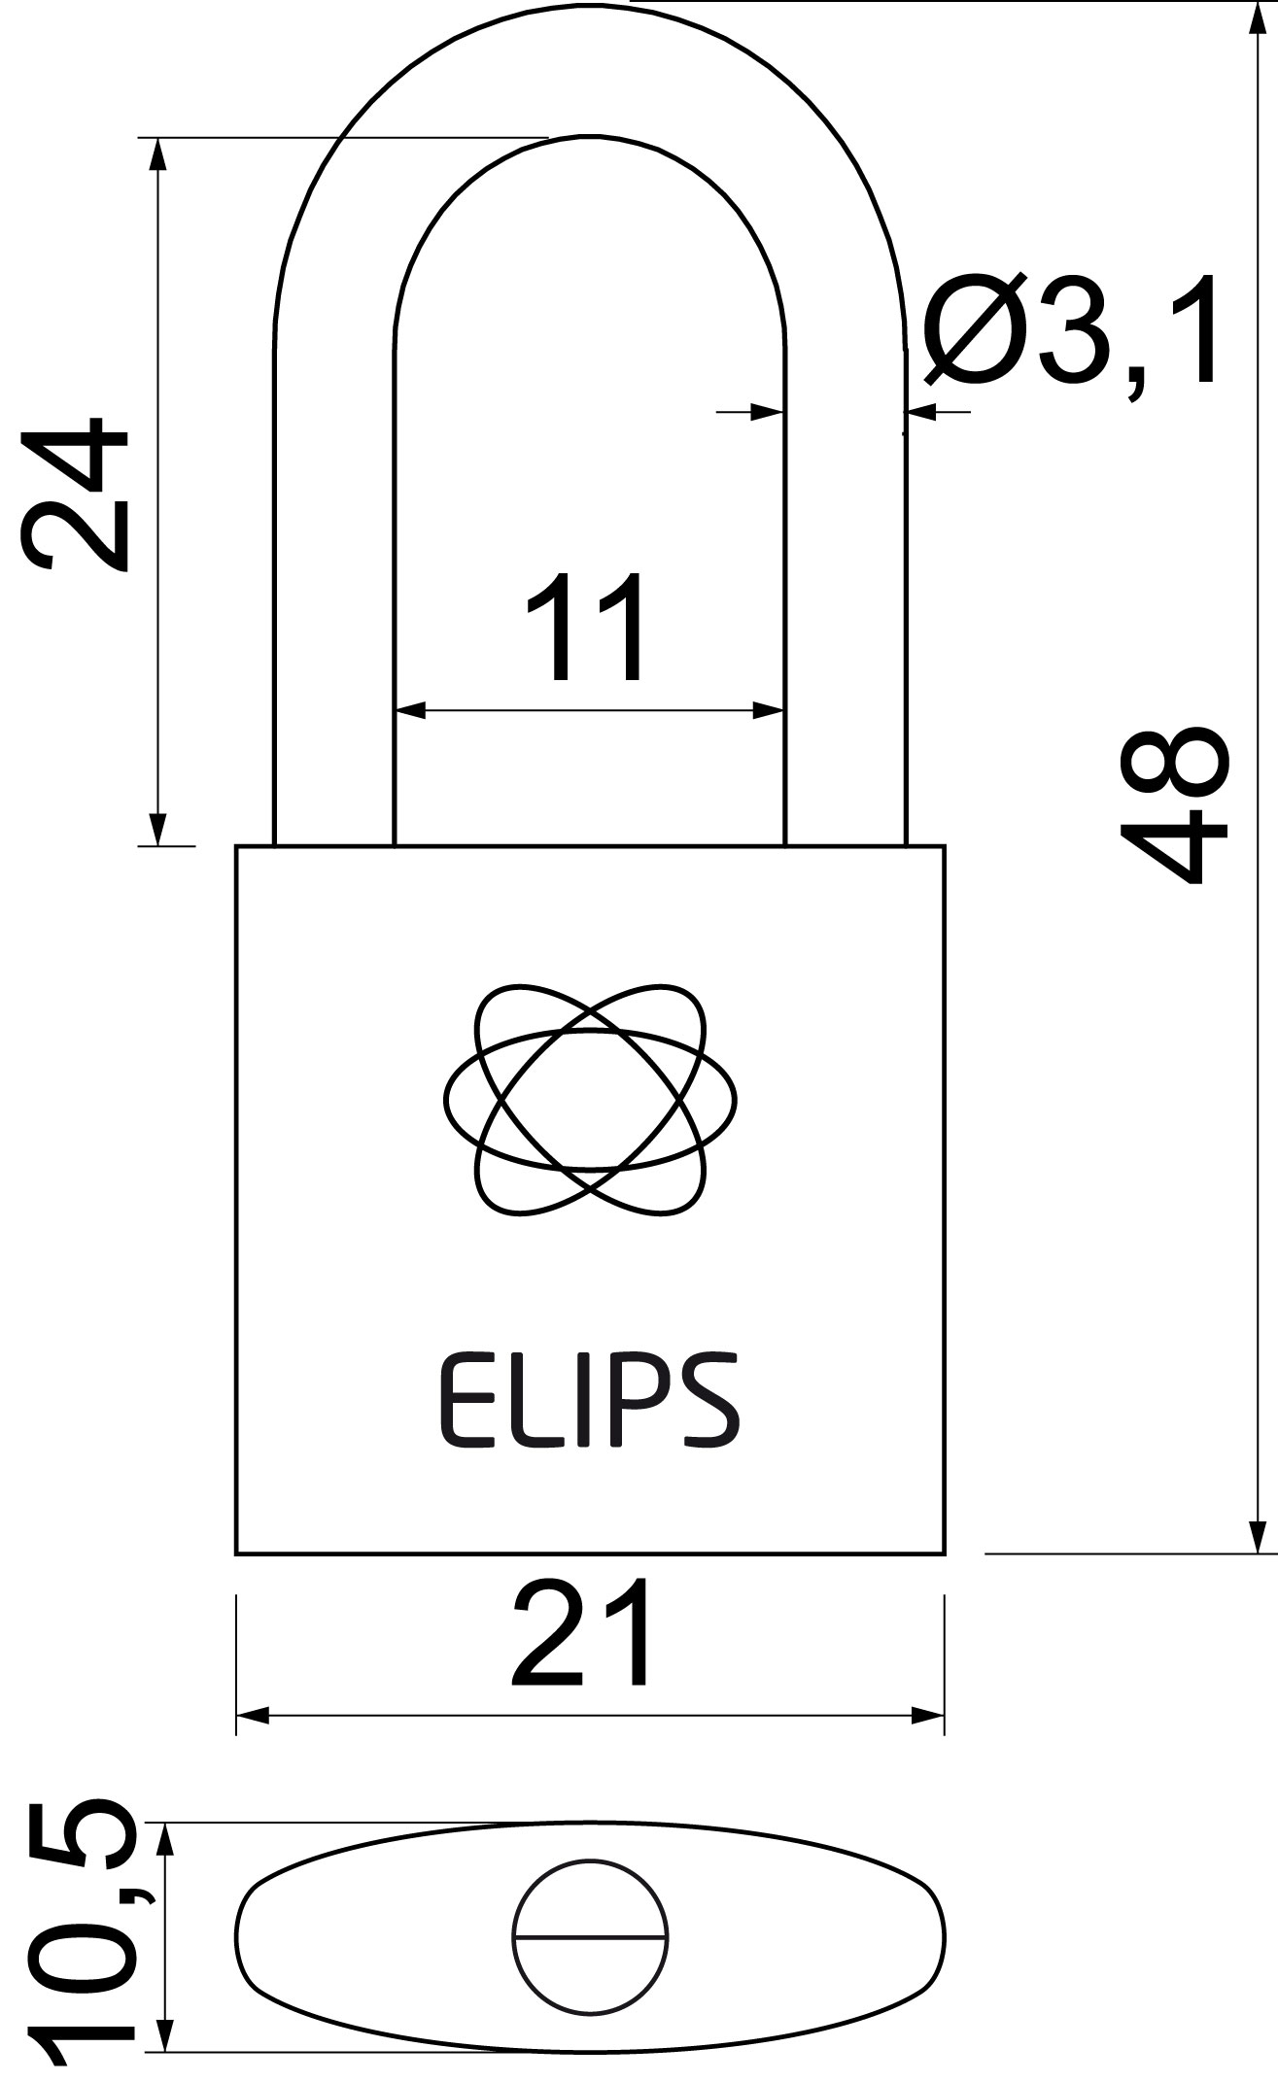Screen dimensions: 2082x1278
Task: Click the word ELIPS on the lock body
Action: (x=590, y=1402)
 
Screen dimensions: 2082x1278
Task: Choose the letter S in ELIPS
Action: (x=713, y=1402)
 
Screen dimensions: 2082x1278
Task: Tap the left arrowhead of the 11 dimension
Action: (x=411, y=711)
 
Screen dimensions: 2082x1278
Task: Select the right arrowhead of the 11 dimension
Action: (x=769, y=711)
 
